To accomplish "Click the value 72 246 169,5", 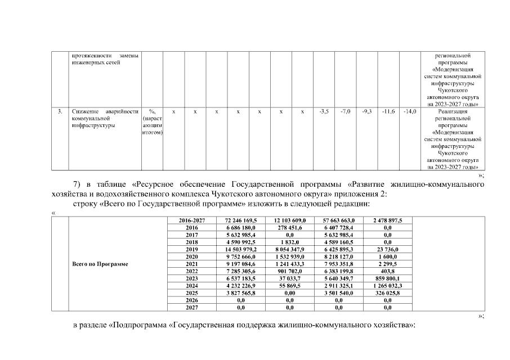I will pos(240,220).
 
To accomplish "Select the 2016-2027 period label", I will pos(192,220).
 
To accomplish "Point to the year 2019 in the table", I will pos(192,249).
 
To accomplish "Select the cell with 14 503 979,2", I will pos(240,249).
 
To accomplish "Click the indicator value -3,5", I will pos(324,112).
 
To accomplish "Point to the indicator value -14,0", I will pos(410,112).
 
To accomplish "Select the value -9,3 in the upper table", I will pos(366,112).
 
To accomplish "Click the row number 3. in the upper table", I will pos(60,112).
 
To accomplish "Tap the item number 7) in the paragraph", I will pos(78,184).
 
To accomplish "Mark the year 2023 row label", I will pos(192,278).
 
